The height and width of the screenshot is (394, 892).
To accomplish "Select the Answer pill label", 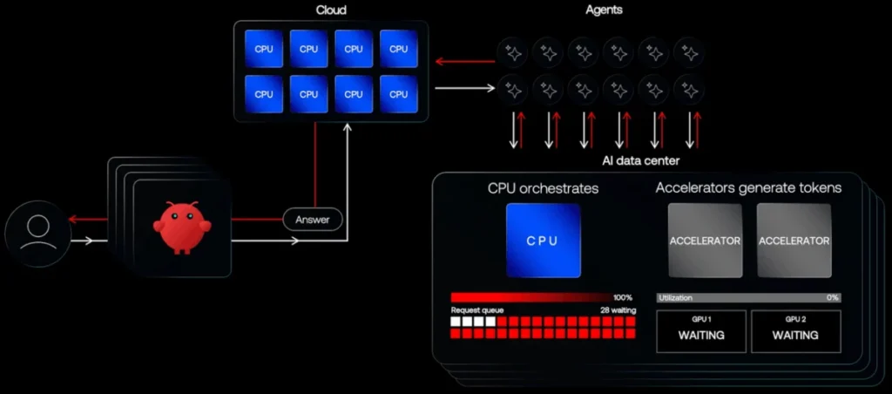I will coord(312,220).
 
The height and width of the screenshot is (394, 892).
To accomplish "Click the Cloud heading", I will coord(331,10).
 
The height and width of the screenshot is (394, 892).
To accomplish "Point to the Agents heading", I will coord(605,10).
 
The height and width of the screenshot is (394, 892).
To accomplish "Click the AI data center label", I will coord(641,160).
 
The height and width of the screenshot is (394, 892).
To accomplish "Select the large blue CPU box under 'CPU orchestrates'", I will coord(543,241).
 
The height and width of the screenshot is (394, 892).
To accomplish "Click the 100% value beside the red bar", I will coord(622,297).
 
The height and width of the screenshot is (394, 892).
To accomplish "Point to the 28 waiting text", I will coord(617,310).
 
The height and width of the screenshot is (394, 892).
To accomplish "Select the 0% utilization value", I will coord(832,297).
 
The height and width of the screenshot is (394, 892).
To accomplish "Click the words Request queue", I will coord(476,310).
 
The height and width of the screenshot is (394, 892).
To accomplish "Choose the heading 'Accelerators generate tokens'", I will coord(748,187).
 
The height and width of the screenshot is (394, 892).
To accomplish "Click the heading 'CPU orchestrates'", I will coord(543,187).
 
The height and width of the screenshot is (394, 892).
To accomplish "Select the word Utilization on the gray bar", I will coord(677,297).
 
